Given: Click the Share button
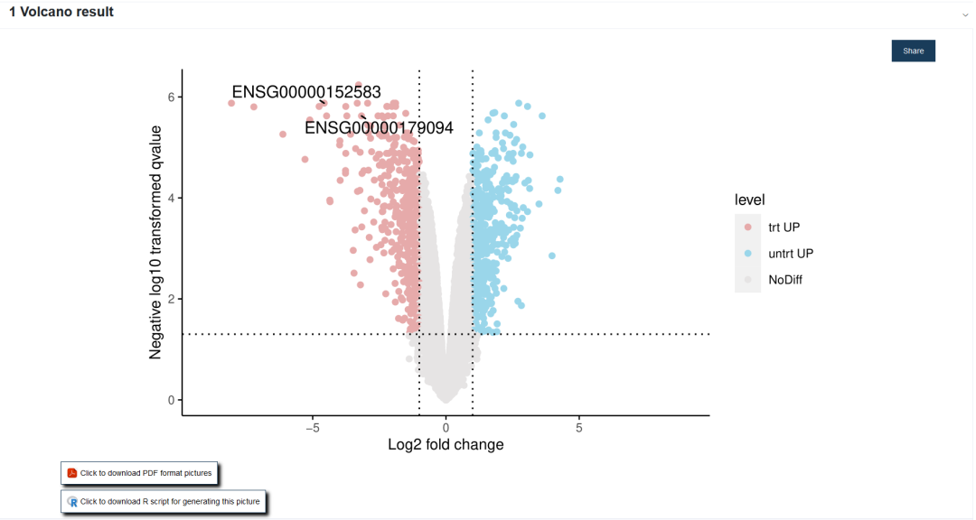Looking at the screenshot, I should click(x=913, y=51).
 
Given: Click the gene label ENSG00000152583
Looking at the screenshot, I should click(x=306, y=92).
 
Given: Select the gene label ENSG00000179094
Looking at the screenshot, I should click(x=379, y=128).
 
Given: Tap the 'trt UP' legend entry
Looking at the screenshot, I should click(x=784, y=227).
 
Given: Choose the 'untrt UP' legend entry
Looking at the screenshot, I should click(x=790, y=254).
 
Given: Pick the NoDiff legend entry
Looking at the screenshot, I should click(x=784, y=280).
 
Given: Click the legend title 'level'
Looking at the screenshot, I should click(x=750, y=200).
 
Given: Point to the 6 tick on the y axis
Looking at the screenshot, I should click(x=172, y=97).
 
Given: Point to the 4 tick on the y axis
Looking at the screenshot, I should click(x=172, y=198).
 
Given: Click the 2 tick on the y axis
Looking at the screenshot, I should click(x=172, y=299).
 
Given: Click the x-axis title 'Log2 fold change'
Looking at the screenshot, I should click(x=446, y=444).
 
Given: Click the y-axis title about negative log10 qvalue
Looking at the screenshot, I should click(x=155, y=242).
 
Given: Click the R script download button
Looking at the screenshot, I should click(x=163, y=502).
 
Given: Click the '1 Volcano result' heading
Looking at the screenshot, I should click(x=61, y=13).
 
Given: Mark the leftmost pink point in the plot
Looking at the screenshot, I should click(x=231, y=103).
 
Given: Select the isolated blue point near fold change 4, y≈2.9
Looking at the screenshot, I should click(x=552, y=255).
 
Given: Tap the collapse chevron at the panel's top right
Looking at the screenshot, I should click(x=965, y=14).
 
